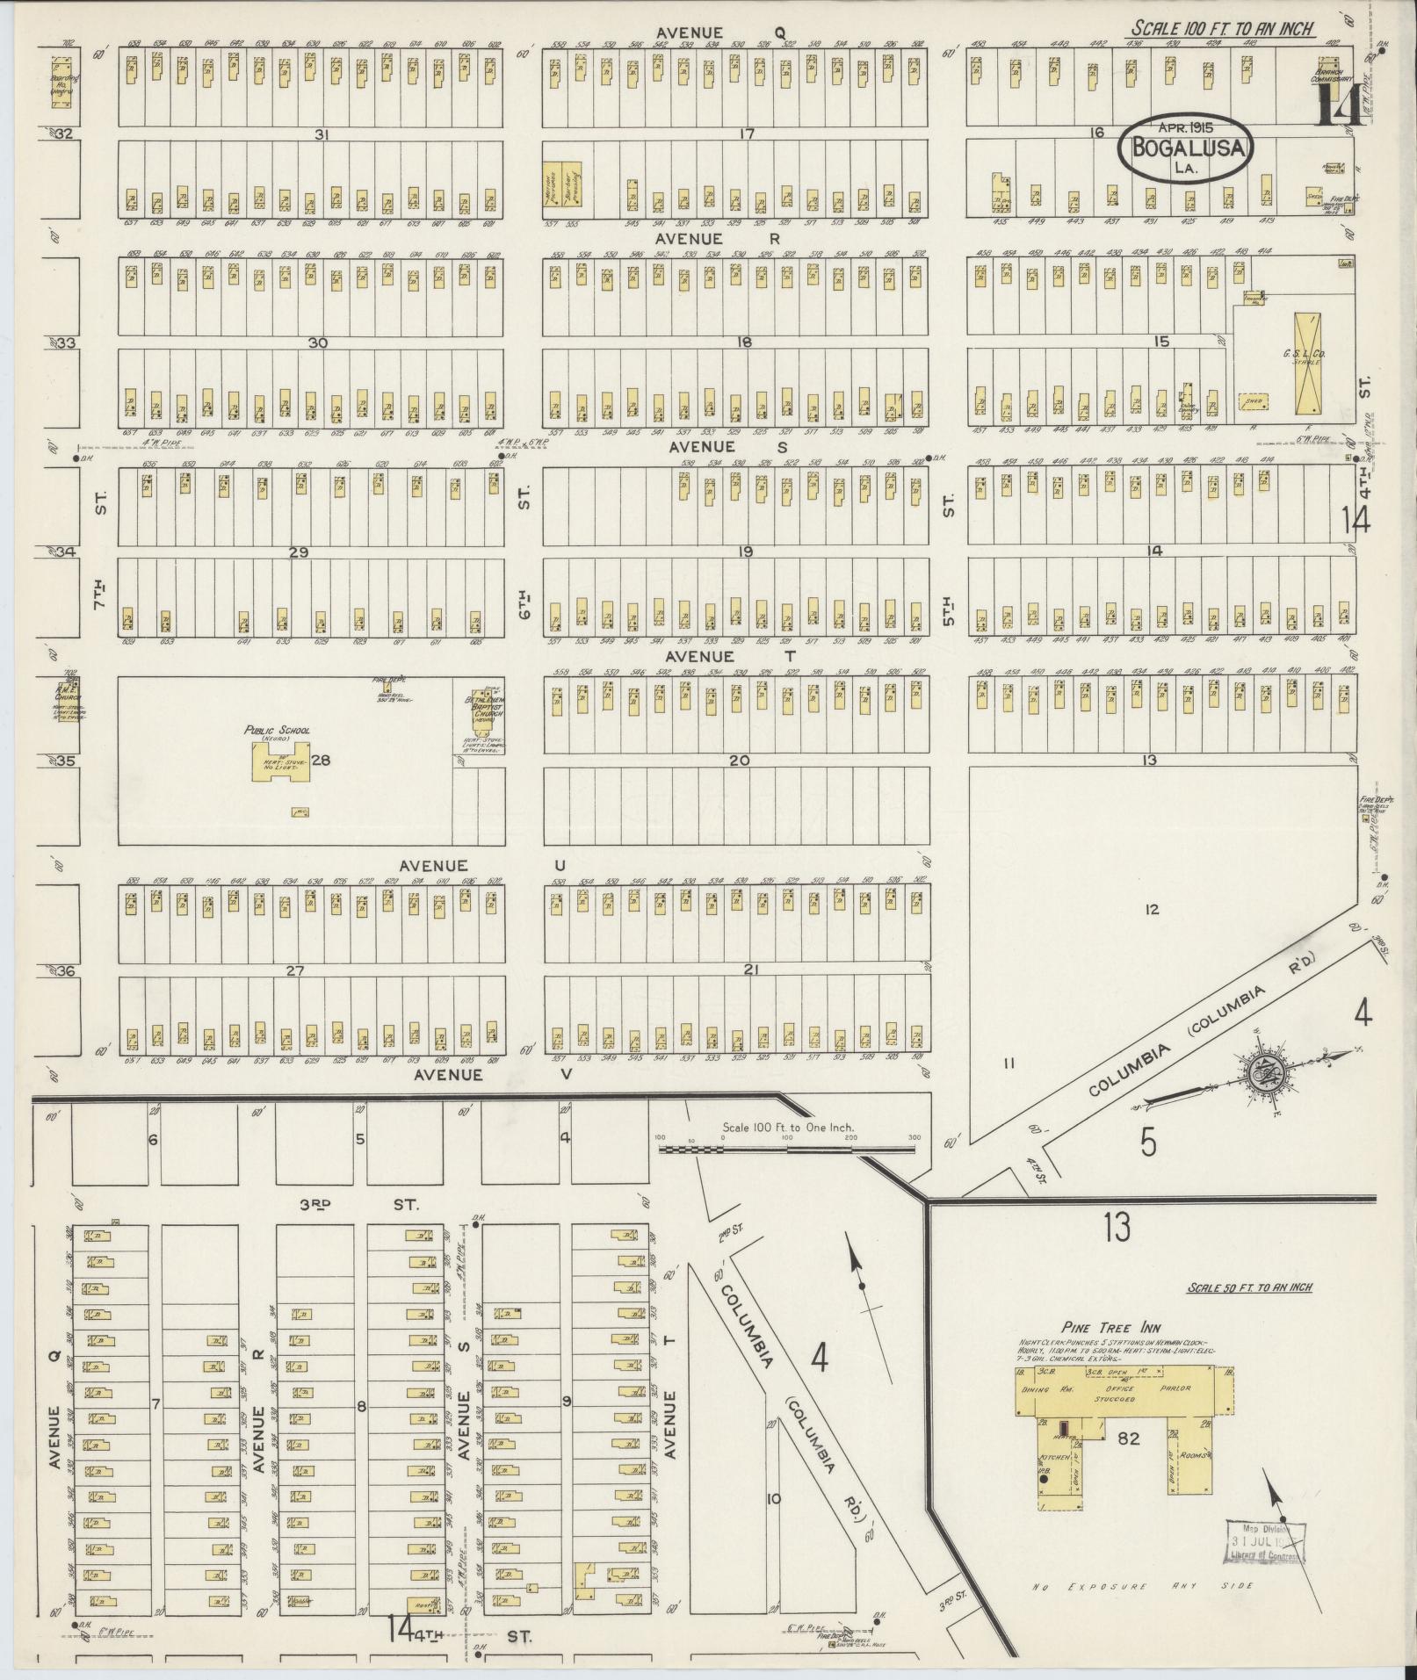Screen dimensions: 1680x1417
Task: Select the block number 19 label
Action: coord(746,552)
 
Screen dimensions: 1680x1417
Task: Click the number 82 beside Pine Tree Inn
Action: coord(1127,1438)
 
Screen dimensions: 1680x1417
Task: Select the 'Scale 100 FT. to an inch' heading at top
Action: coord(1221,28)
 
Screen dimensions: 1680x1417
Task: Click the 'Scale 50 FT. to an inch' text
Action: coord(1248,1287)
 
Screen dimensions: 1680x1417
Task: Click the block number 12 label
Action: coord(1152,909)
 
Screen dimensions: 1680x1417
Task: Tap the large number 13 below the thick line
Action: coord(1117,1227)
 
